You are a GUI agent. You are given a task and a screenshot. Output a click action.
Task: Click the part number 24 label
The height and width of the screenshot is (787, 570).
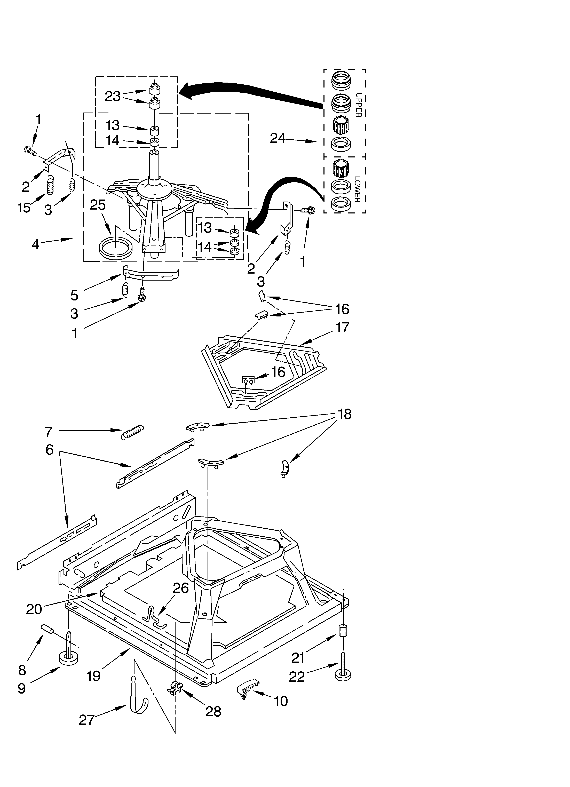(x=278, y=138)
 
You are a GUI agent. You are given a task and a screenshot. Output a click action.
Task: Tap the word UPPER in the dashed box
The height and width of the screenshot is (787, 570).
(x=359, y=105)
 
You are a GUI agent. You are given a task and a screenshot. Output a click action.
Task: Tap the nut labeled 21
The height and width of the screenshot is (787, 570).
(x=343, y=630)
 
